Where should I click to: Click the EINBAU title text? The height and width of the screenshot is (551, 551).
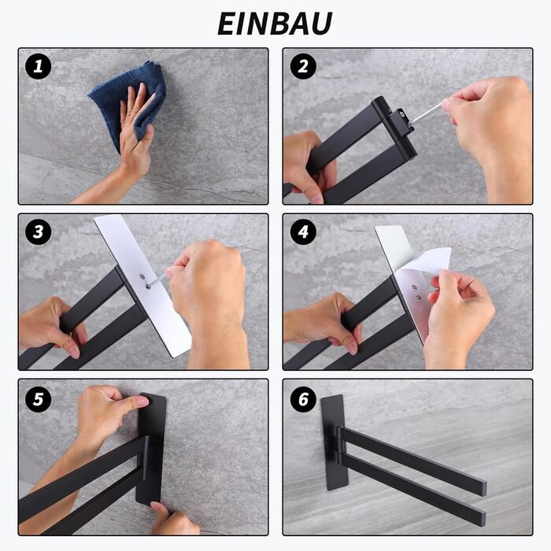coord(275,24)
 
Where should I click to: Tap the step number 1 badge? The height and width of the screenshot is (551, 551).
coord(39,66)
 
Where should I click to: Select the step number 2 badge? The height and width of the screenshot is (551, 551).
coord(303,66)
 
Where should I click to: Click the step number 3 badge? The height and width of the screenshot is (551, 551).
coord(39,232)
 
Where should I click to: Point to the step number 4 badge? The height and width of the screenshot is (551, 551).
coord(303,232)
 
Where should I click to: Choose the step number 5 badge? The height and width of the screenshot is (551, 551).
coord(39,399)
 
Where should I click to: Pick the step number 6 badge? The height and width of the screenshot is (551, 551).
coord(303,399)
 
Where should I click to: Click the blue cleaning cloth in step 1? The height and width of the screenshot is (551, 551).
coord(116,98)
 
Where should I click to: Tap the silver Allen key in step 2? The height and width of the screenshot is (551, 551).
coord(426,113)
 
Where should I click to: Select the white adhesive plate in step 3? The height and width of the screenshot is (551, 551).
coord(142,285)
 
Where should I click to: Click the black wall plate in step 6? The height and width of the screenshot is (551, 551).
coord(334,442)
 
